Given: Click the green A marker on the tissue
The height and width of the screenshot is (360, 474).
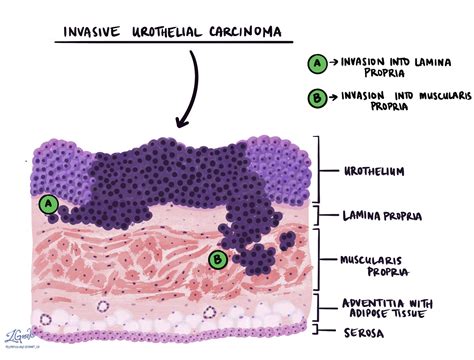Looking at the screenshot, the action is pos(47,204).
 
